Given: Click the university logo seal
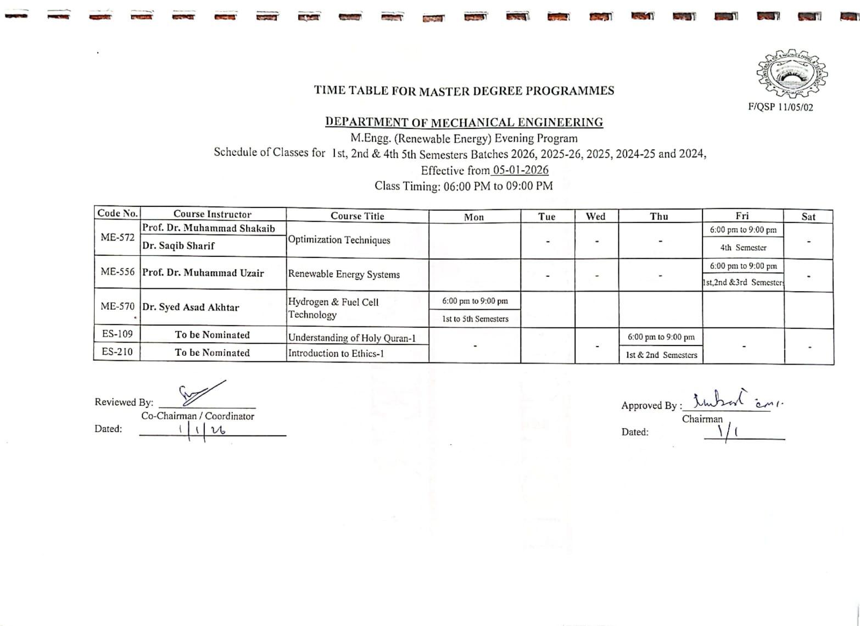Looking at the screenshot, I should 792,74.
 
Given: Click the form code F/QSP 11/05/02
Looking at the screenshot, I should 780,108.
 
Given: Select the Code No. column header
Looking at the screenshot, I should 117,213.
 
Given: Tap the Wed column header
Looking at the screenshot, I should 595,216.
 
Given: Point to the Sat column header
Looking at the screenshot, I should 808,217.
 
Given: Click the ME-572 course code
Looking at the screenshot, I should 117,237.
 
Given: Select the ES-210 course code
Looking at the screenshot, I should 117,351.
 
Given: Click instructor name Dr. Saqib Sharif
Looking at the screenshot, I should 178,245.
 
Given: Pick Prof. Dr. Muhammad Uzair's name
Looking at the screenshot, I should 203,273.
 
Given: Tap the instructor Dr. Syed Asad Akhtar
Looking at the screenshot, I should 191,307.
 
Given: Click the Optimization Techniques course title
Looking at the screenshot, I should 339,240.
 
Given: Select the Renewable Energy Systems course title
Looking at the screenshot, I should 344,274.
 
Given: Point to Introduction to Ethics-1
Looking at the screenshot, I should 336,353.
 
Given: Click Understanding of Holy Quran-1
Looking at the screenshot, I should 351,338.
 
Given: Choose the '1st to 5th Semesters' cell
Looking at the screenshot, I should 475,318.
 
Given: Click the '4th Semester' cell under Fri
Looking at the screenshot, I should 743,248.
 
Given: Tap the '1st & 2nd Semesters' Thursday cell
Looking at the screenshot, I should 661,355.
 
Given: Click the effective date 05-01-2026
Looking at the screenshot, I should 520,170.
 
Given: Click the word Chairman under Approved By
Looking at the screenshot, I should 702,419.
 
